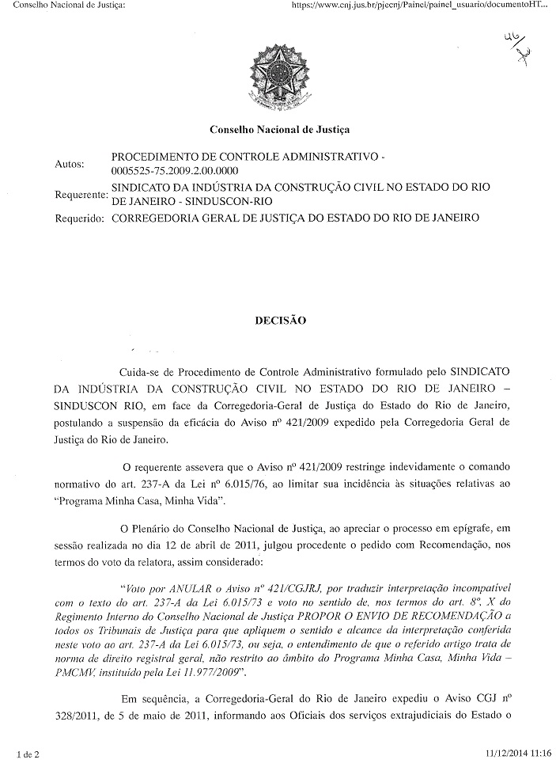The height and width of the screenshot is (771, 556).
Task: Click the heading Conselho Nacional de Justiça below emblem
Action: pos(278,128)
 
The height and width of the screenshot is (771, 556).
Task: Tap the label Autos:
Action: pos(69,164)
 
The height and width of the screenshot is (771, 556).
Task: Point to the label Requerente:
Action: pos(81,195)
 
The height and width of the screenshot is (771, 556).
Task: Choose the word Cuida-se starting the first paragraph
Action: pos(138,371)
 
